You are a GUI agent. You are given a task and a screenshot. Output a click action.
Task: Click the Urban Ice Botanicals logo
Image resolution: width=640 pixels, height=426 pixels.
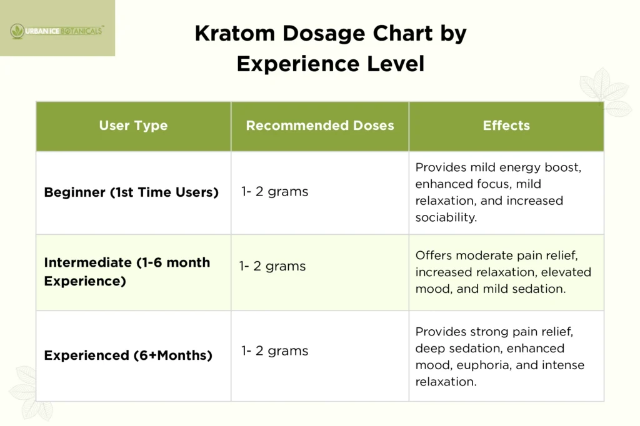(57, 29)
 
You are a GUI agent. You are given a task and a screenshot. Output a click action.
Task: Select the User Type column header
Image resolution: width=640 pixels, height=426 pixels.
(133, 126)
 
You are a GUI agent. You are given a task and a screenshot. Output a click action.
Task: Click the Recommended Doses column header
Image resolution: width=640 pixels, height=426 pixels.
(320, 126)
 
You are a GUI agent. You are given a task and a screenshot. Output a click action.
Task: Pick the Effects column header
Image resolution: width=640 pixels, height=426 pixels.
(506, 126)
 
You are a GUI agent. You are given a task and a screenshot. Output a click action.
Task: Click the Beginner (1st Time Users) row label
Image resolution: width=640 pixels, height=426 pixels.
(131, 192)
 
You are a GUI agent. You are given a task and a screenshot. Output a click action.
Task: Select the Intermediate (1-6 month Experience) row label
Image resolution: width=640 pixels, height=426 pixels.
(127, 272)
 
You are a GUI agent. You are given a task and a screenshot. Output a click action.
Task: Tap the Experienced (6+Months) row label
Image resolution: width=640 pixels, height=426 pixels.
(128, 355)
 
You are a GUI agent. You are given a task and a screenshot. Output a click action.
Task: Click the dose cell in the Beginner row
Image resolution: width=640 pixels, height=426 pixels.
(275, 192)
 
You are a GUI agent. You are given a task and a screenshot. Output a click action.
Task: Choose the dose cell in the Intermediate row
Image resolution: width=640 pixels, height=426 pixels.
(272, 266)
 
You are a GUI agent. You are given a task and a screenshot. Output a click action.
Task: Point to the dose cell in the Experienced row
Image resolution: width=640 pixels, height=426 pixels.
(275, 351)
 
